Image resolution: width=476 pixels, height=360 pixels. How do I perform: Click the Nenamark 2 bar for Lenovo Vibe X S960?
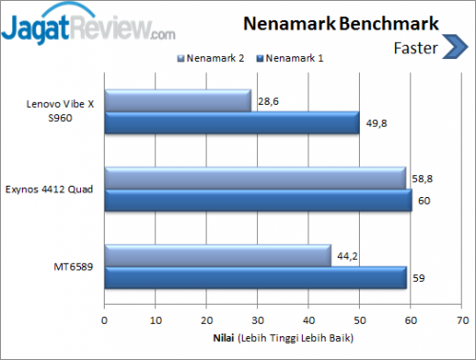click(177, 100)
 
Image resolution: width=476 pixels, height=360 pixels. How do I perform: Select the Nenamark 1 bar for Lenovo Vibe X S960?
click(231, 122)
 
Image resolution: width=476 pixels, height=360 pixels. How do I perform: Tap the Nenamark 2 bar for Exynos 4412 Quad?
click(254, 178)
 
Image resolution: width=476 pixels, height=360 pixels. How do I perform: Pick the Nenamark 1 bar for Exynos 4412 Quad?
click(257, 200)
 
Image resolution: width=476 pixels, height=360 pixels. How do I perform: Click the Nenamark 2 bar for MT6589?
click(217, 255)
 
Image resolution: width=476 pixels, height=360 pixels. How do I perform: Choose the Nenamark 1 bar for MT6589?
click(255, 277)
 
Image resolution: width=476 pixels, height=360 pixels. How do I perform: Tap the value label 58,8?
click(422, 177)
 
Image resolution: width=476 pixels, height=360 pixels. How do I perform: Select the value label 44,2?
click(347, 254)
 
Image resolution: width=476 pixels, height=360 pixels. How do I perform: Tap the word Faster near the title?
click(414, 46)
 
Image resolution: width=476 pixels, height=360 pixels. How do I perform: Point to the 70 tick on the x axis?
click(461, 321)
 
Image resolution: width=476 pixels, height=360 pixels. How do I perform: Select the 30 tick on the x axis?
click(257, 321)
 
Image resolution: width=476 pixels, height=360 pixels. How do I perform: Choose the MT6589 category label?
click(74, 266)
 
